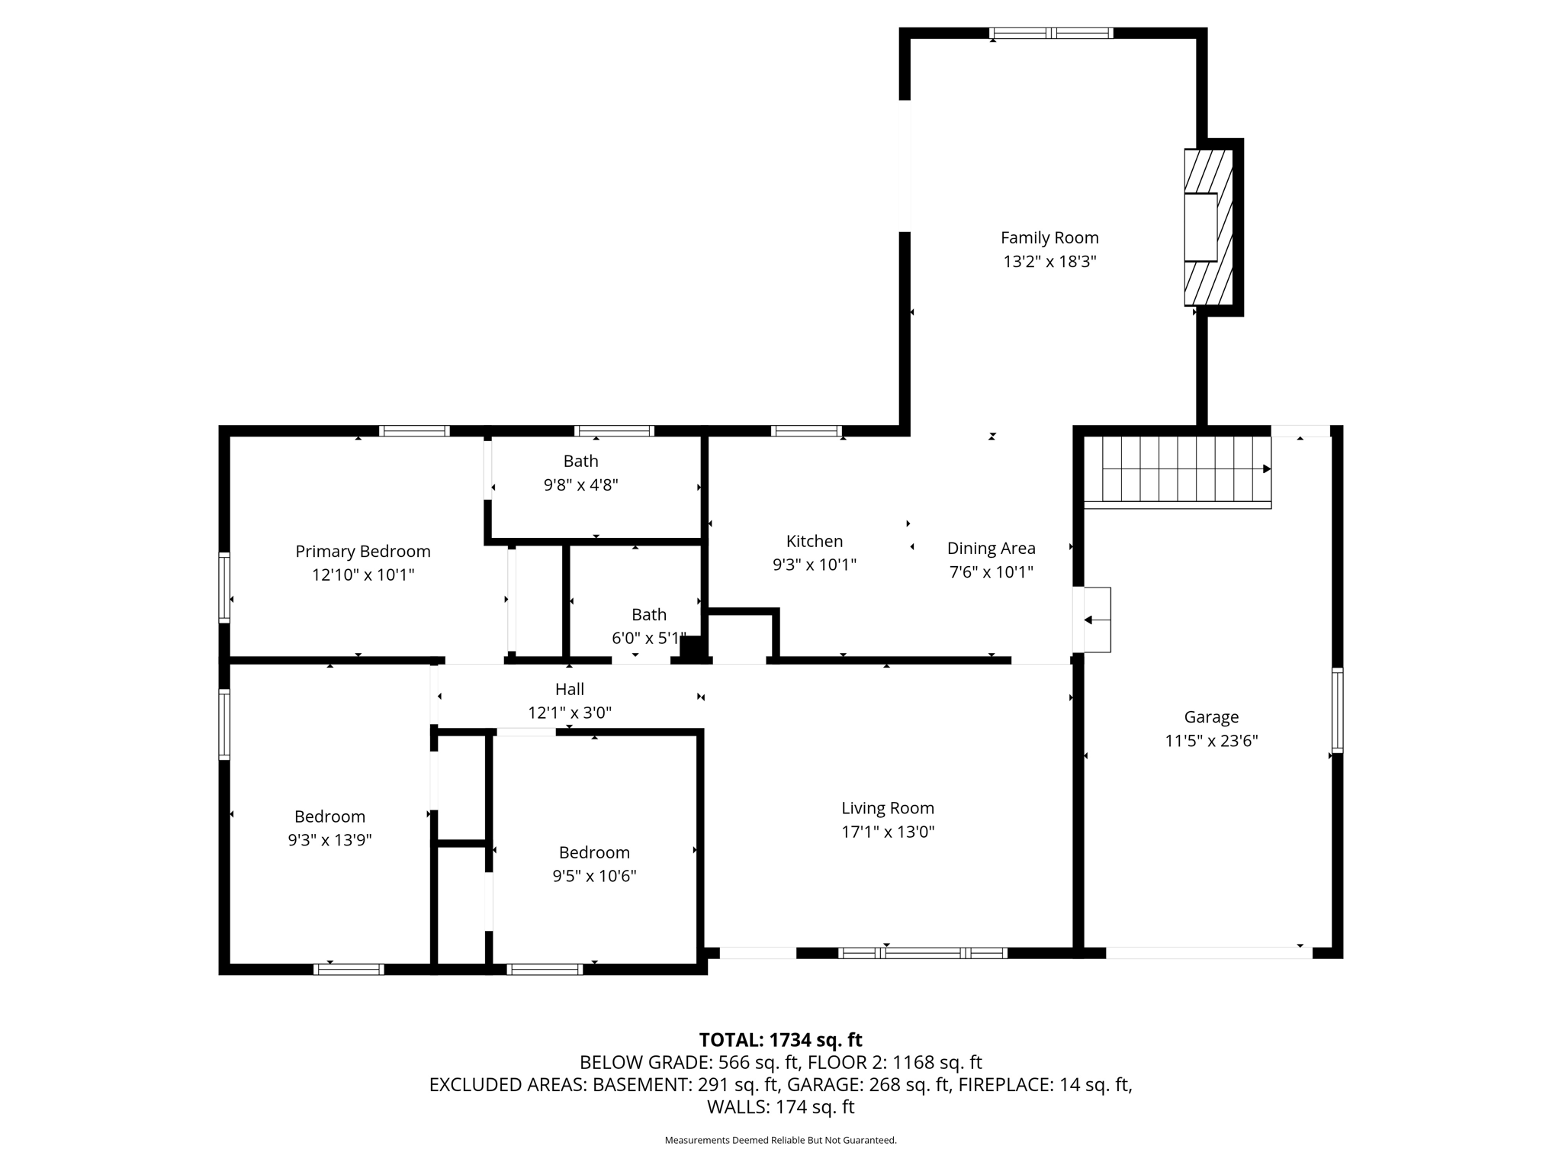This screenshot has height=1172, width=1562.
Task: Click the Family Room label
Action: (x=1049, y=238)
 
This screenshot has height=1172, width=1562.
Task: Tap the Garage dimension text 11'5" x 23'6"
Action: (x=1211, y=741)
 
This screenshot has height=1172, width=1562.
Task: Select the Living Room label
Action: (x=888, y=808)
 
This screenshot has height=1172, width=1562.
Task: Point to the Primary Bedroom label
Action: (x=363, y=552)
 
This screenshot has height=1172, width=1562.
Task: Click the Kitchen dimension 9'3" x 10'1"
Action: (x=815, y=565)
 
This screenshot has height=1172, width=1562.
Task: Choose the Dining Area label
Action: (x=992, y=548)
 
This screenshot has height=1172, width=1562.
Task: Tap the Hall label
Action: (x=570, y=689)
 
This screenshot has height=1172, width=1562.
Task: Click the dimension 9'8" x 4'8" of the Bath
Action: (x=580, y=485)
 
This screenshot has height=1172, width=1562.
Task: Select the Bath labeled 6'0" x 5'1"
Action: (x=649, y=615)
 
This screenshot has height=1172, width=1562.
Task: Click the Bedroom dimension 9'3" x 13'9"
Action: (x=329, y=841)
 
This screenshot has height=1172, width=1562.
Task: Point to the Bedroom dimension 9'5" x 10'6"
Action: (x=594, y=877)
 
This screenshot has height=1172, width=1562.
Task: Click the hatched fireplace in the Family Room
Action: (x=1209, y=227)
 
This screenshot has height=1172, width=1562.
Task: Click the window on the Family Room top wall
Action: (x=1051, y=33)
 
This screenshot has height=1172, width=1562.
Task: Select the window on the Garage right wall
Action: (x=1337, y=710)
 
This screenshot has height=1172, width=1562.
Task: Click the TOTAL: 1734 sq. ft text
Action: (x=780, y=1040)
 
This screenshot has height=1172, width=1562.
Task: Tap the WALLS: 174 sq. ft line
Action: (x=780, y=1107)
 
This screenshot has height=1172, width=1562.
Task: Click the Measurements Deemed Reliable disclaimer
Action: (x=780, y=1141)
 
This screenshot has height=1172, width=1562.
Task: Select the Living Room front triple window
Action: (x=923, y=953)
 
